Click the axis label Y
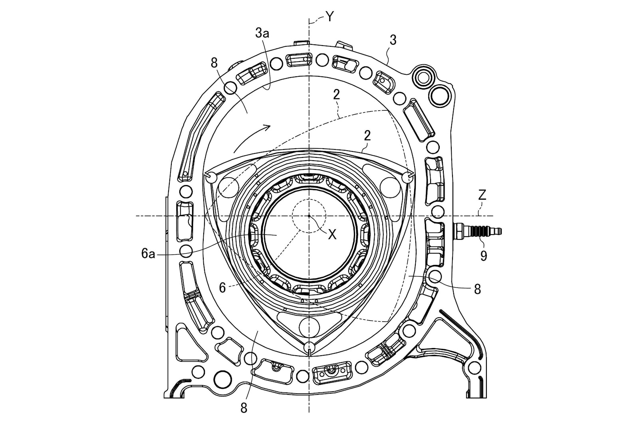(x=329, y=16)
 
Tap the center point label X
(x=332, y=235)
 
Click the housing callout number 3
(x=393, y=40)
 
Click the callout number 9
(x=484, y=256)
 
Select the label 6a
(x=148, y=254)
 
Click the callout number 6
(x=222, y=288)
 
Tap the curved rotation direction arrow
(x=252, y=138)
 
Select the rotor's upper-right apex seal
(x=408, y=176)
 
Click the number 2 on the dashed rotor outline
(x=336, y=94)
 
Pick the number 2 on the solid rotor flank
(x=367, y=135)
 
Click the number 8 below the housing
(x=244, y=398)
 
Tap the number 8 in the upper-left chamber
(x=214, y=63)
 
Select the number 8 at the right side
(x=477, y=289)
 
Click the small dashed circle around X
(x=309, y=216)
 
